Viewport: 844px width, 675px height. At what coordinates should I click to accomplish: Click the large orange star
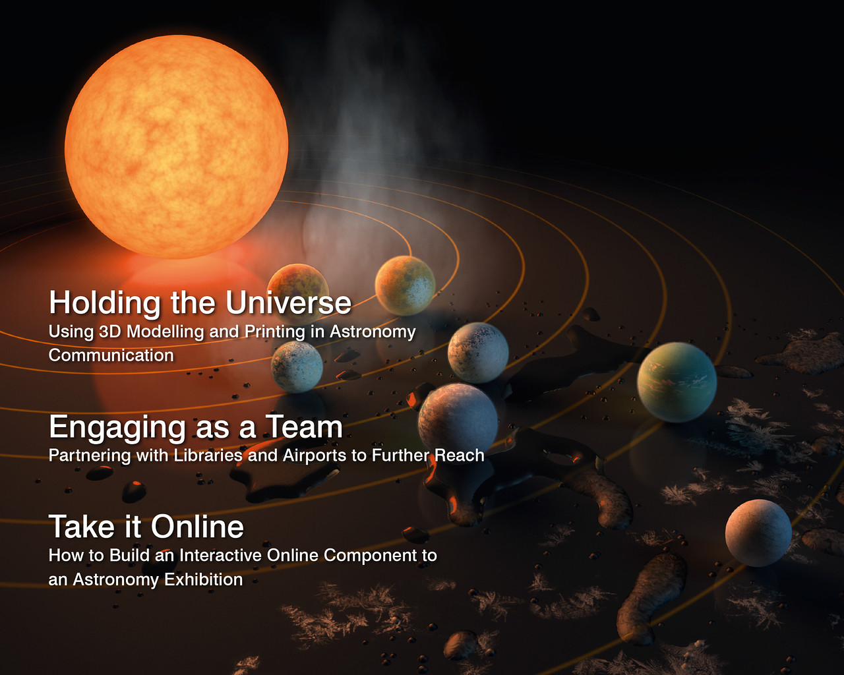(177, 147)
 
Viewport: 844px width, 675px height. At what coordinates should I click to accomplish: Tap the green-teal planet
(677, 382)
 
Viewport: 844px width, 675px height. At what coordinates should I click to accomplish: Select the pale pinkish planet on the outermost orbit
(758, 533)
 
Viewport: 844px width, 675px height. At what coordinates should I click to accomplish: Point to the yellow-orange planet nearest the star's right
(405, 285)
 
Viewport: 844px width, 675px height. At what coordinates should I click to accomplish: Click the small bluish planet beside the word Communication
(297, 367)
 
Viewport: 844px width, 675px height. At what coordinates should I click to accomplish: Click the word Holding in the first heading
(105, 303)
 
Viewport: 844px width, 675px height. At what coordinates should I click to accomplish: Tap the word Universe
(288, 303)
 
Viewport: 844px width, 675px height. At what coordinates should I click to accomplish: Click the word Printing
(275, 332)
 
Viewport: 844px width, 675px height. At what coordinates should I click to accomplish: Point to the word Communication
(111, 356)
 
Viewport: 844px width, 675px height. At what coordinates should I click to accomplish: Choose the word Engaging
(117, 428)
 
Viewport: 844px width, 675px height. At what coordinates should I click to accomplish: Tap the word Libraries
(208, 455)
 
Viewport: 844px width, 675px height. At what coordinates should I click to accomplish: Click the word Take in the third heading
(82, 527)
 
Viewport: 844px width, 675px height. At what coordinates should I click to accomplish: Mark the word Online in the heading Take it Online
(197, 527)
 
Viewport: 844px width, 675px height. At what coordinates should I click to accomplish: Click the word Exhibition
(203, 579)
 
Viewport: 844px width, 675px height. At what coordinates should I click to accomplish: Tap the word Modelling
(165, 332)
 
